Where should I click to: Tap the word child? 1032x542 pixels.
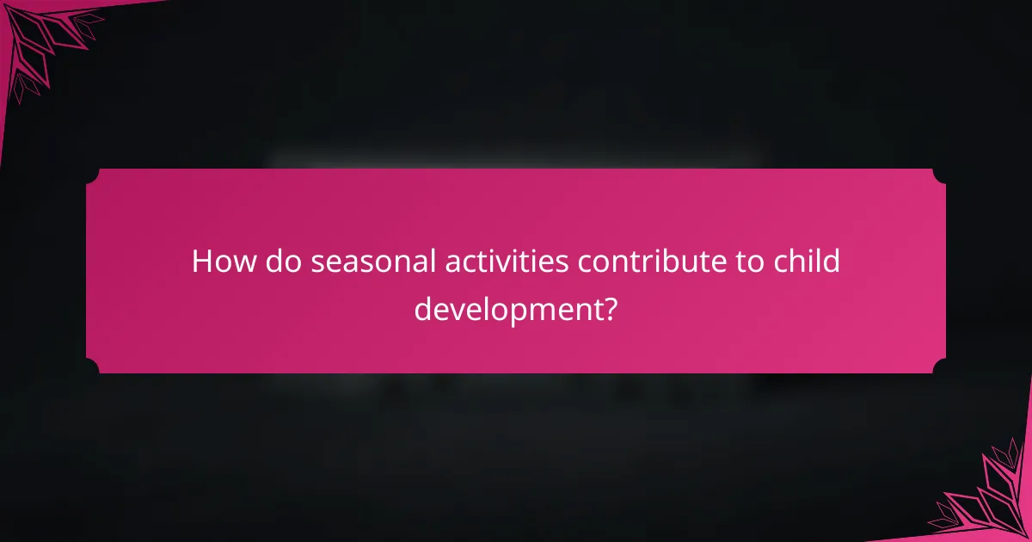click(x=808, y=262)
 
